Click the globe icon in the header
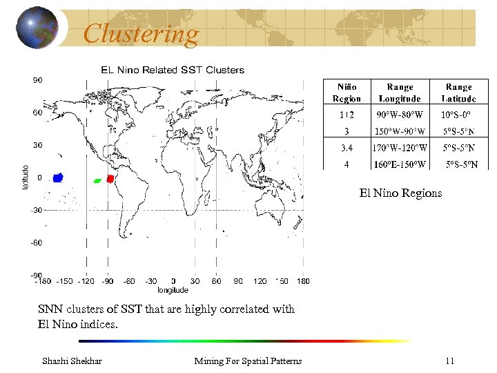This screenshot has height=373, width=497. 38,28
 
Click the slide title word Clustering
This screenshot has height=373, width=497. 141,33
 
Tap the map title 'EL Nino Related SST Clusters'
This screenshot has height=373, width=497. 173,70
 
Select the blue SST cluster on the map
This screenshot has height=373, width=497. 58,178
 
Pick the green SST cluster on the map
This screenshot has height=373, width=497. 97,180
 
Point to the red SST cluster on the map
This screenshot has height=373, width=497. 110,179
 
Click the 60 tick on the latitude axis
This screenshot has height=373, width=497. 39,112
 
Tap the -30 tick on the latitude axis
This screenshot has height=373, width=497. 37,210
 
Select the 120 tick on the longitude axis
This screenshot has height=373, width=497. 260,281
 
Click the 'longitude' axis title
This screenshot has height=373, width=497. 173,290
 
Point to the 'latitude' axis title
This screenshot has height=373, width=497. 26,178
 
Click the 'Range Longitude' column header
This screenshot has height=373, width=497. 400,93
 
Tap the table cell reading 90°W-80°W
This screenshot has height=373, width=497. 400,115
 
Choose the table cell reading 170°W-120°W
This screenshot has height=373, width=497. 400,147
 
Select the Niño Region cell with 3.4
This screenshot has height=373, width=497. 347,147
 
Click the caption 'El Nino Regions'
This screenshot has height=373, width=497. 400,193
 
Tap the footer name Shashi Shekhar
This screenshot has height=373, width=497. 72,361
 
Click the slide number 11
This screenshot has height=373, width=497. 449,361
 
